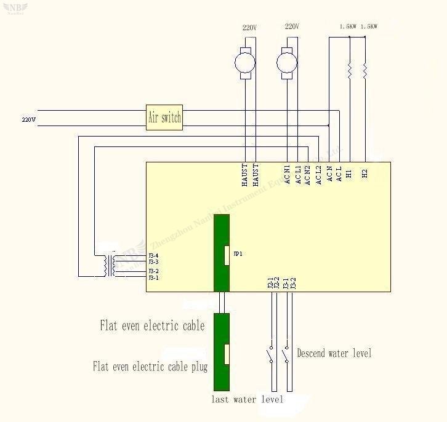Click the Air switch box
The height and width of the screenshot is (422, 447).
click(164, 117)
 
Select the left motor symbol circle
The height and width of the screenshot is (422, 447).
click(245, 62)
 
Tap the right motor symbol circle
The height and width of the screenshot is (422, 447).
click(286, 62)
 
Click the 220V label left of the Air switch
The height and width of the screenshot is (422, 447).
click(29, 119)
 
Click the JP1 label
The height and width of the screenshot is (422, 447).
click(238, 253)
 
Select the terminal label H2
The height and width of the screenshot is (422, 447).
click(364, 174)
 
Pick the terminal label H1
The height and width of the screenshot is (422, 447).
click(349, 174)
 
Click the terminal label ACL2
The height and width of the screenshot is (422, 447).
click(318, 174)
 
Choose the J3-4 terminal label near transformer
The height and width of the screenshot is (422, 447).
click(153, 256)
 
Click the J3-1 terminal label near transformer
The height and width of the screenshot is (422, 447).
click(153, 278)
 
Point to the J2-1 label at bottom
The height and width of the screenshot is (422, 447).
click(270, 284)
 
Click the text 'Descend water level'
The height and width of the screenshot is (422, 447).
click(334, 353)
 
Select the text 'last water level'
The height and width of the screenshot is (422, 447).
click(248, 400)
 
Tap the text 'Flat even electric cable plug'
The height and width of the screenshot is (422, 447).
click(150, 367)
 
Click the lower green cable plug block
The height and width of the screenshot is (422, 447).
click(221, 352)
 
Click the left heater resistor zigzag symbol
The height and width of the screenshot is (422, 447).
click(350, 72)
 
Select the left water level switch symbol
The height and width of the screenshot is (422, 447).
click(270, 356)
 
